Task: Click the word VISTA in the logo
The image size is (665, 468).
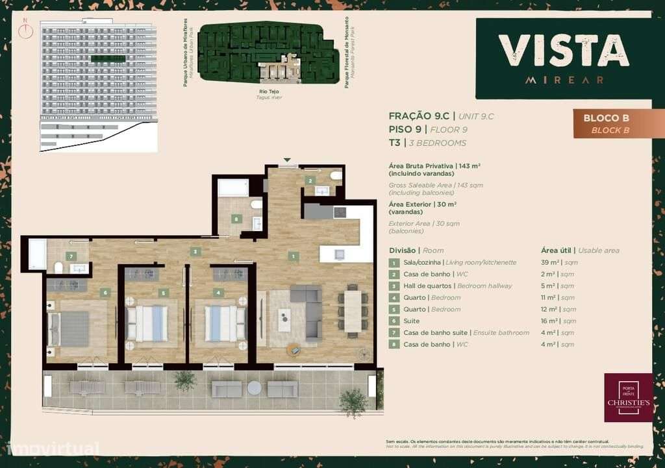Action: (564, 51)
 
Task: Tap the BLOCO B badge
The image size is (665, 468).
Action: (607, 123)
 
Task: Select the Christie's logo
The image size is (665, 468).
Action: (628, 397)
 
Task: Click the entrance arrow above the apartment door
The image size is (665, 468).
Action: (287, 160)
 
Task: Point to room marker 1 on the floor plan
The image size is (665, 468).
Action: (294, 256)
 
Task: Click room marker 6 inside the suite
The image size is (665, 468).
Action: (105, 293)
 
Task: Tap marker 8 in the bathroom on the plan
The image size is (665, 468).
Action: (236, 219)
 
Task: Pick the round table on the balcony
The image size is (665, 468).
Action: (254, 388)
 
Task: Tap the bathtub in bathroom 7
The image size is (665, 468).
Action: (37, 254)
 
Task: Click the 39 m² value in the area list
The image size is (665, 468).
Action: (549, 262)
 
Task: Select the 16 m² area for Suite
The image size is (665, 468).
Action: (549, 321)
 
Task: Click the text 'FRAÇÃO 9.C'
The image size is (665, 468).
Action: (419, 116)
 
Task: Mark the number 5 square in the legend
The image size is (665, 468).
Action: (394, 309)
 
